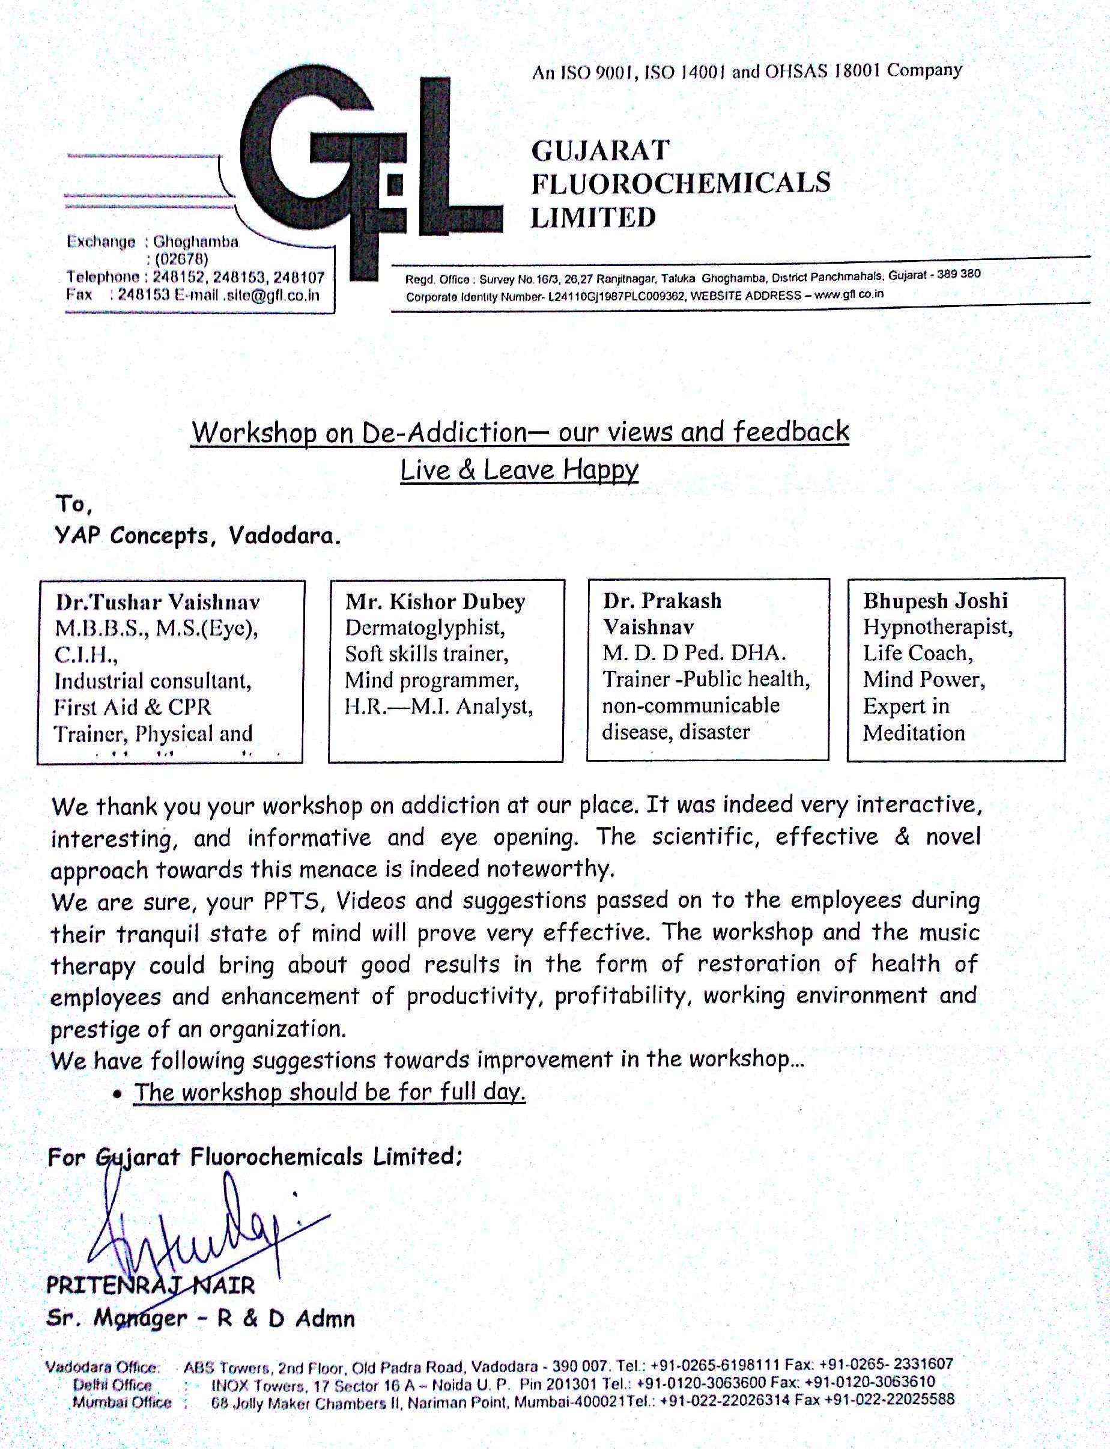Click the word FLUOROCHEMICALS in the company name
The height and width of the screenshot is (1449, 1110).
(x=681, y=183)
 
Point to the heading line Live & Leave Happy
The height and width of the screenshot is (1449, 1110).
(x=520, y=470)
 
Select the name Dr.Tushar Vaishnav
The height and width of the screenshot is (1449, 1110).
(x=157, y=602)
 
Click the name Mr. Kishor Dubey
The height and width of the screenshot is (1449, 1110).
(x=435, y=601)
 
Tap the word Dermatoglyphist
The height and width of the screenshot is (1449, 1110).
(x=425, y=627)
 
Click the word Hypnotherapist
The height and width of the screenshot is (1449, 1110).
(x=938, y=627)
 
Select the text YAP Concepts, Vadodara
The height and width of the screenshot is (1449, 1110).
(x=198, y=535)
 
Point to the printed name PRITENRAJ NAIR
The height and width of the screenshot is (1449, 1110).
(x=150, y=1286)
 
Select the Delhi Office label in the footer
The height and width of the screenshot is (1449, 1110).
(x=112, y=1385)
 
